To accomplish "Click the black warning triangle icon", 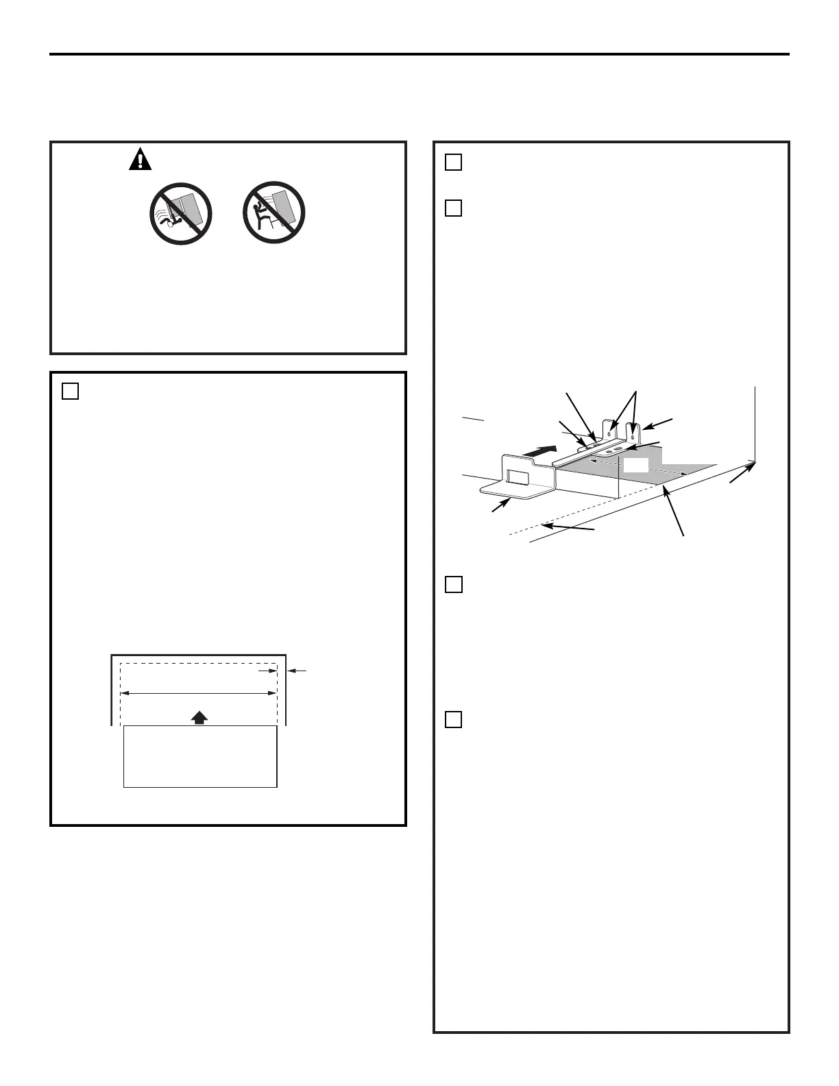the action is tap(140, 160).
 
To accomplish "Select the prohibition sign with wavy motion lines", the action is tap(180, 214).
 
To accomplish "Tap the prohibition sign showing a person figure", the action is tap(274, 214).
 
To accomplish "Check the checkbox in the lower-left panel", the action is tap(70, 391).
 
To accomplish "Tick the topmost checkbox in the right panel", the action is tap(453, 162).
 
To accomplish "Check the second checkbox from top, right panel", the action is tap(453, 208).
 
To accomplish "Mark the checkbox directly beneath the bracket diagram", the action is tap(453, 584).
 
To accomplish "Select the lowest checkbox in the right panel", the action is tap(453, 719).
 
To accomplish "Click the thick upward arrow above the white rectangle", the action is tap(199, 717).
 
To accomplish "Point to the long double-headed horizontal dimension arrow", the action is tap(199, 694).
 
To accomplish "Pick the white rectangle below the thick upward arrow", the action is tap(199, 757).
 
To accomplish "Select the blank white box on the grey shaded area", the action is tap(635, 466).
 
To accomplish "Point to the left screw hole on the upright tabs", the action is tap(611, 435).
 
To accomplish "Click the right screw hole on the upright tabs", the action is tap(633, 436).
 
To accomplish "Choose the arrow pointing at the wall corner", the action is tap(742, 474).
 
